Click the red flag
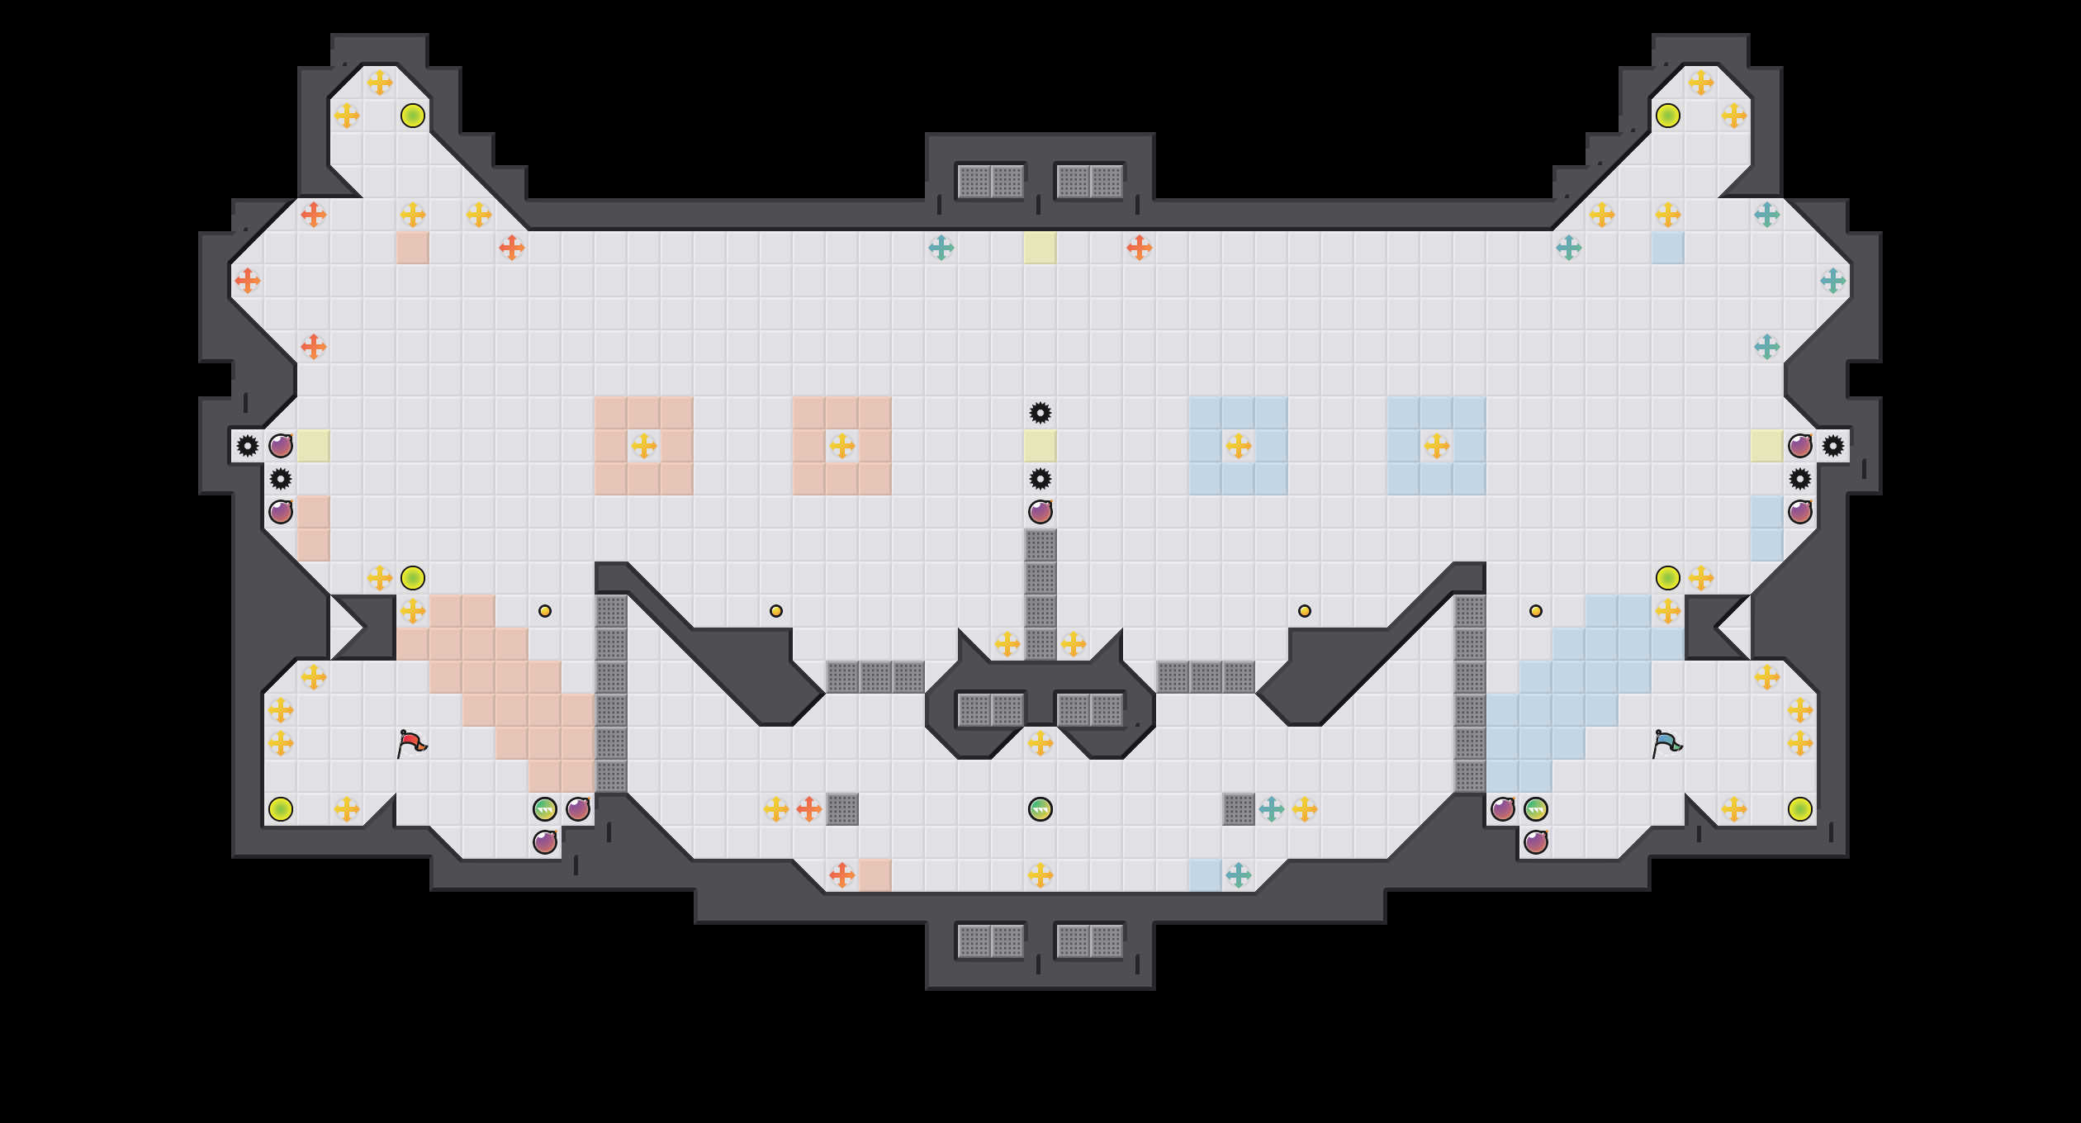(411, 742)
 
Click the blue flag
(1666, 742)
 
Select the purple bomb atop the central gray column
(1040, 512)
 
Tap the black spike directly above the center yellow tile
(1040, 413)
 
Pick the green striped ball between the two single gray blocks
(1040, 809)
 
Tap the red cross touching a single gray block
(809, 809)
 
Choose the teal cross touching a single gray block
(1272, 809)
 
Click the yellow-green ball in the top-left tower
(413, 116)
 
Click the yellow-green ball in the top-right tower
(1668, 116)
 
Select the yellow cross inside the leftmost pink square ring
(644, 446)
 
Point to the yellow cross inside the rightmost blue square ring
(1437, 446)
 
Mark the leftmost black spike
(248, 446)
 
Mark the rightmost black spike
(1833, 446)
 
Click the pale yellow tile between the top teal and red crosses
(1040, 248)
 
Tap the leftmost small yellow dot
(545, 611)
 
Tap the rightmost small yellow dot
(1536, 611)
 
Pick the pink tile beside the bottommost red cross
(875, 875)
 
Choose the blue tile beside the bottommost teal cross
(1206, 875)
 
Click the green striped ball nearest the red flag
(545, 809)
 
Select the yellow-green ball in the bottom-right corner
(1800, 809)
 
